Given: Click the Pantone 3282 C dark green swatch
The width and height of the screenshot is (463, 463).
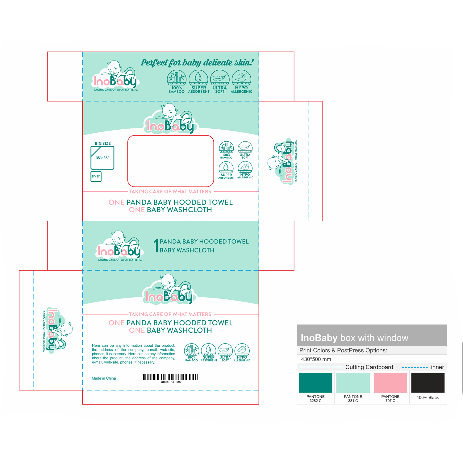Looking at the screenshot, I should (x=315, y=382).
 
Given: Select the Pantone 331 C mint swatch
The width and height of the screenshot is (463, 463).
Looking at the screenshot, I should (x=353, y=382).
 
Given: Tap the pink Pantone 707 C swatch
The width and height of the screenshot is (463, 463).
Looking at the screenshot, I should (x=390, y=382).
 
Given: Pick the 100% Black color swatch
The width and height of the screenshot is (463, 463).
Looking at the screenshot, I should (x=428, y=382).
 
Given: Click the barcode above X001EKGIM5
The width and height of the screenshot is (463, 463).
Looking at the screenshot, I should (x=171, y=377).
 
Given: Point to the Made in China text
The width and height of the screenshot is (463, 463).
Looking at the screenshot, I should (x=104, y=378).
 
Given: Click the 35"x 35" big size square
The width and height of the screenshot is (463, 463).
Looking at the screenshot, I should (x=102, y=158).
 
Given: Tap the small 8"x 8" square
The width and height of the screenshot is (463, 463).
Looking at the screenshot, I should (x=96, y=177).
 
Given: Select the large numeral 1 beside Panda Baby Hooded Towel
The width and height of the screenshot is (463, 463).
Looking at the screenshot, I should (x=156, y=245).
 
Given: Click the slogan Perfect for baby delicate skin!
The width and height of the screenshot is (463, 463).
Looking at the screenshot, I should (x=197, y=63).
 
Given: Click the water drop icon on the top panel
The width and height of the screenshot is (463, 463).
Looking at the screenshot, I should (x=198, y=77).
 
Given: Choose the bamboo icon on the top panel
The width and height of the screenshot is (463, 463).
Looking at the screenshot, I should (x=177, y=77).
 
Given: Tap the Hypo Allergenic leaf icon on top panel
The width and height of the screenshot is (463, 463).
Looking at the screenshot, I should (x=241, y=77).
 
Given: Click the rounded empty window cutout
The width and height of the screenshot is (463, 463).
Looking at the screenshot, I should (x=171, y=161).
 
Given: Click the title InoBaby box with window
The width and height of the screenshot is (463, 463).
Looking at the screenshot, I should (x=354, y=338).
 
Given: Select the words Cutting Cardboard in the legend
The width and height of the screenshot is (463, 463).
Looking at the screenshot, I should (x=369, y=367).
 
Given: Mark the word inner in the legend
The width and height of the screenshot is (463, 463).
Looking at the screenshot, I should (x=437, y=367).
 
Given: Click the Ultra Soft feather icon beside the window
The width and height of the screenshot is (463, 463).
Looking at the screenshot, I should (x=245, y=148).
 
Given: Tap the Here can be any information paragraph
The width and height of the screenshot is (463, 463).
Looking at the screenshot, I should (x=133, y=354).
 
